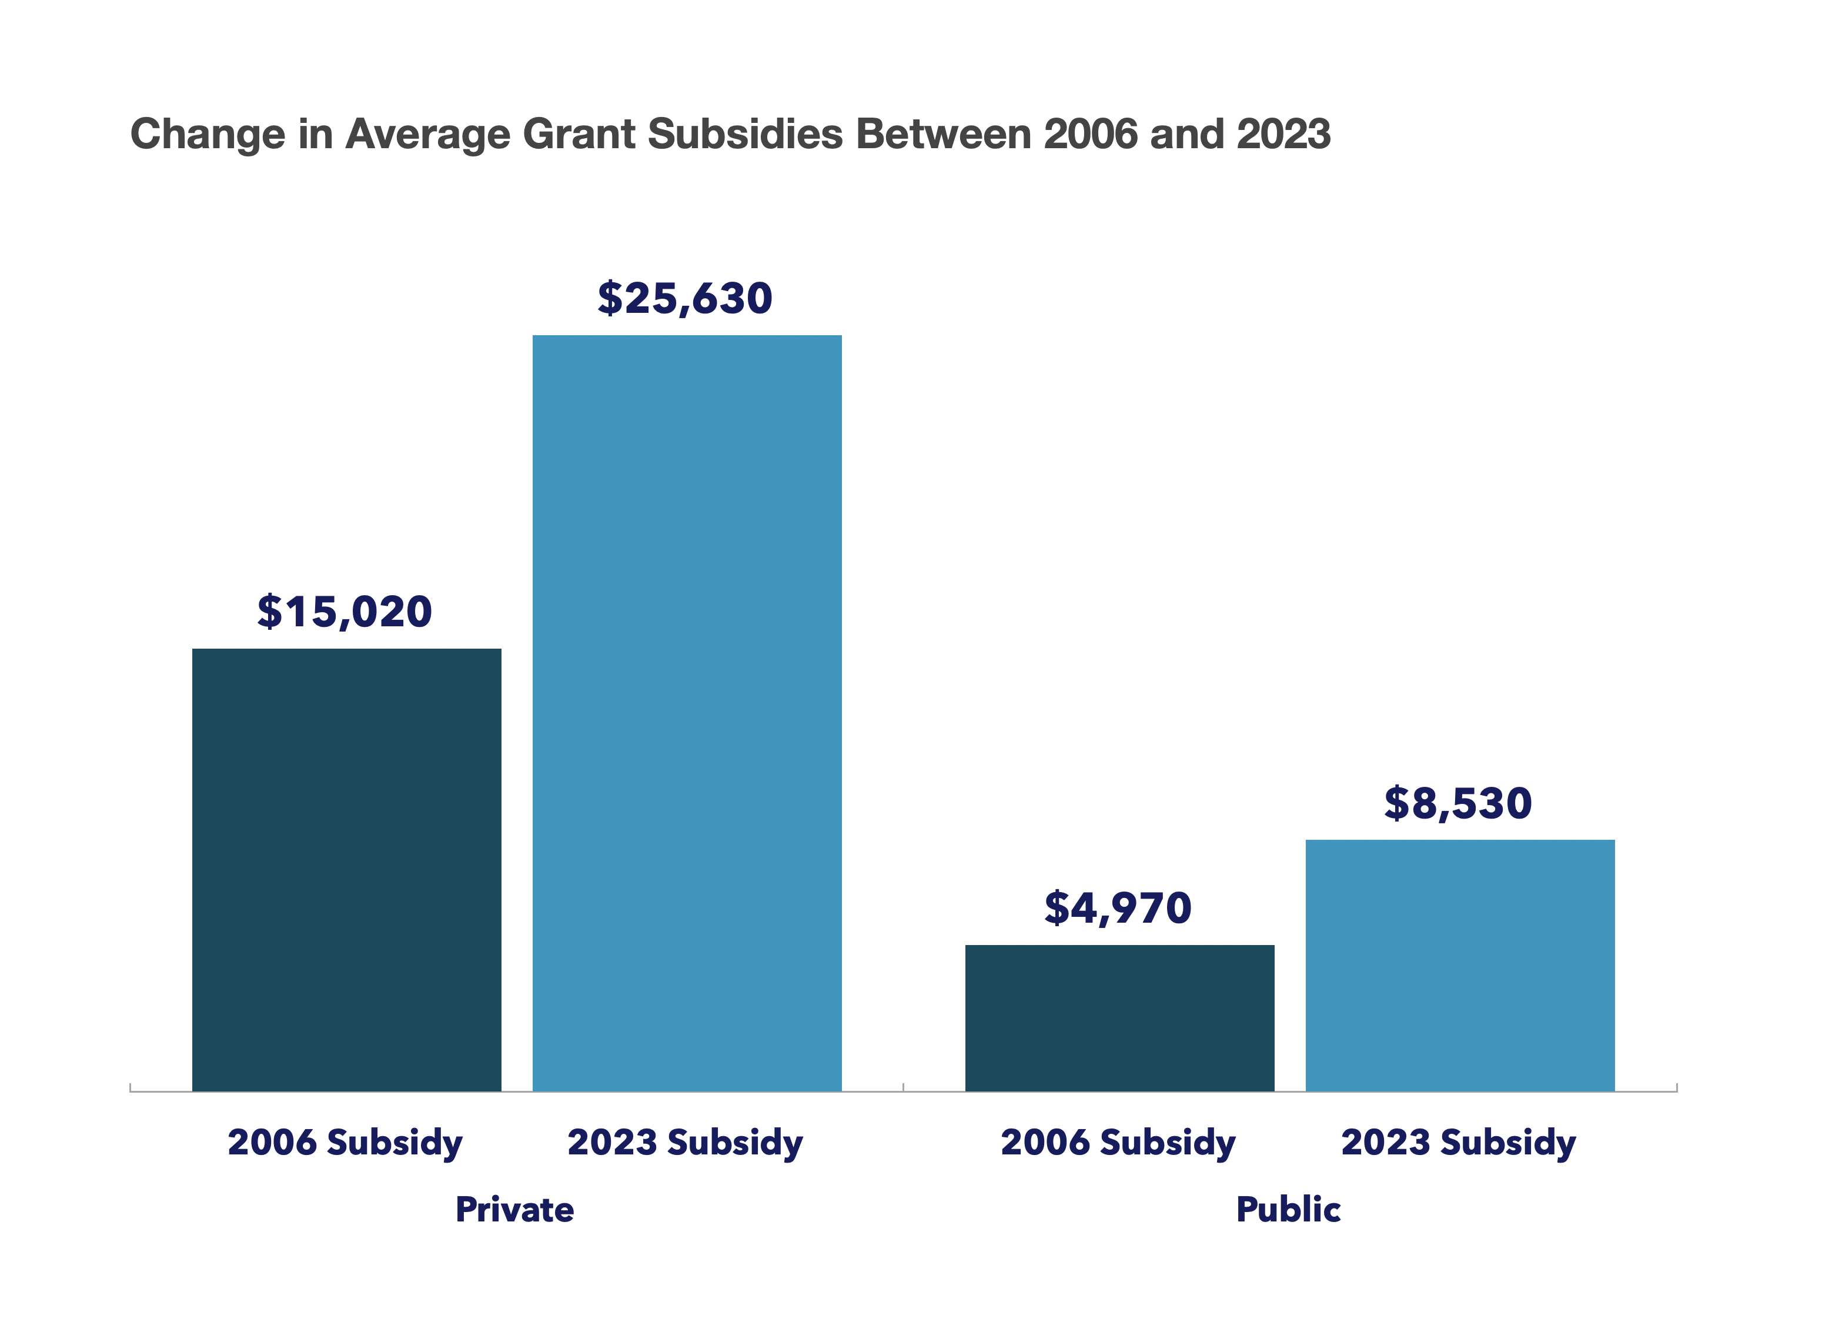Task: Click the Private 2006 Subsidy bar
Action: (347, 869)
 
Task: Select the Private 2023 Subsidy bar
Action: (687, 713)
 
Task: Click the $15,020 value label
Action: (345, 612)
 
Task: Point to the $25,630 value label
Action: (686, 298)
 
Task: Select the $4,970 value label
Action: (1118, 908)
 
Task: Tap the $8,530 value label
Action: (1459, 803)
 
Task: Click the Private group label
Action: (515, 1210)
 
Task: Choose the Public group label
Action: (1288, 1210)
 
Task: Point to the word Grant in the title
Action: (579, 134)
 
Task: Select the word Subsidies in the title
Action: (746, 134)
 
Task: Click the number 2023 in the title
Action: (1283, 134)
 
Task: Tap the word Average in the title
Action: (428, 134)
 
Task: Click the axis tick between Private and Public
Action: (903, 1087)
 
